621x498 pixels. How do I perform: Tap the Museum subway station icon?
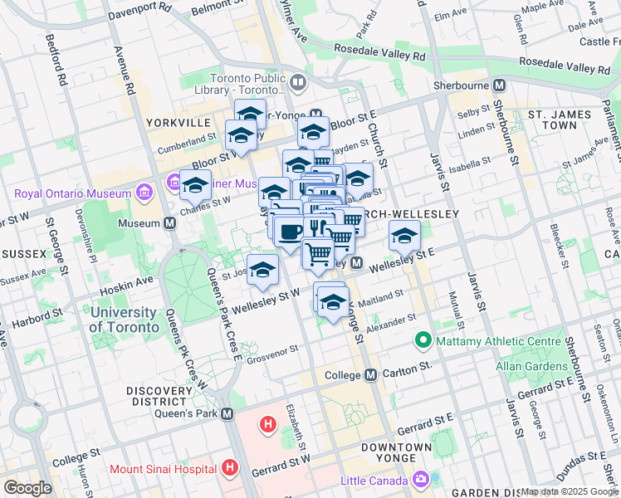pos(169,223)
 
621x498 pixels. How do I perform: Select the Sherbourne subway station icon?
pos(499,85)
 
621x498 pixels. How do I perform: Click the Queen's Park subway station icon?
pos(227,413)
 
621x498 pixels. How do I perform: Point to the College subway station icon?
pos(370,374)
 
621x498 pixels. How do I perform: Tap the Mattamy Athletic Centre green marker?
pos(423,340)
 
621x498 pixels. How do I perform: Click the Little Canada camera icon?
pos(421,479)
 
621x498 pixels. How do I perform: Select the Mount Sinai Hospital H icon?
pos(231,469)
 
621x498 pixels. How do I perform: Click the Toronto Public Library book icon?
pos(297,82)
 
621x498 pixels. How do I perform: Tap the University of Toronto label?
pos(124,320)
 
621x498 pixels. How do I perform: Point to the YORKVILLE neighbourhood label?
pos(178,122)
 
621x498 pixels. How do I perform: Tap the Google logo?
pos(27,488)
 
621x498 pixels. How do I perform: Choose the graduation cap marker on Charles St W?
pos(196,187)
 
